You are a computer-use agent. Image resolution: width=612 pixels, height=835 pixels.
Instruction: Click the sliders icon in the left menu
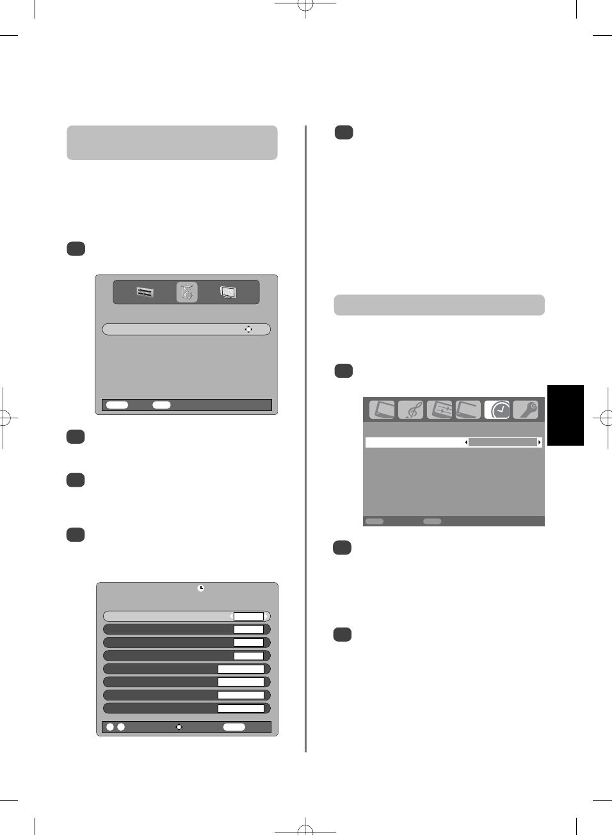[x=145, y=293]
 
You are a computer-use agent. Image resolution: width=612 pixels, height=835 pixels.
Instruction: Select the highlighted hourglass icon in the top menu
[x=187, y=293]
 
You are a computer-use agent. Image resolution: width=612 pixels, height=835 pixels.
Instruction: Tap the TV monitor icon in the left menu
[x=228, y=293]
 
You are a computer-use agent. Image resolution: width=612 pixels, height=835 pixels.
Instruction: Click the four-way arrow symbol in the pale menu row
[x=248, y=329]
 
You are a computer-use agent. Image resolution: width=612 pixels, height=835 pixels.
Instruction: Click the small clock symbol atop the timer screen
[x=201, y=588]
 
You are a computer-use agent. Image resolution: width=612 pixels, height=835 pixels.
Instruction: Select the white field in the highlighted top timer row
[x=248, y=616]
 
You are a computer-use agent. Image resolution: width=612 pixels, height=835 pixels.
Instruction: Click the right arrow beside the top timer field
[x=267, y=616]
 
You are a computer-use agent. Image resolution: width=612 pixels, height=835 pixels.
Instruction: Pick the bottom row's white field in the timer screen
[x=241, y=708]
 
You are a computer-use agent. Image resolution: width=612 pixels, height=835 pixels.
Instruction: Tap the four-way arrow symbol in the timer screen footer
[x=179, y=727]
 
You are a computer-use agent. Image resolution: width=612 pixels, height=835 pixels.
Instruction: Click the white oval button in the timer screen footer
[x=234, y=727]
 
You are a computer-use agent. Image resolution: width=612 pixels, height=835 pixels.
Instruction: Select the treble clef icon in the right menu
[x=411, y=410]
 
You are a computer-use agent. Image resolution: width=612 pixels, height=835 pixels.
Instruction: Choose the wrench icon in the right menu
[x=526, y=410]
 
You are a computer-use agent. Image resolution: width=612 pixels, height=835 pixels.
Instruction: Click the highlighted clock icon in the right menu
[x=497, y=410]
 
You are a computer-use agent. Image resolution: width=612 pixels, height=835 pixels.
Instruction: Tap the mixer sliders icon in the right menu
[x=440, y=410]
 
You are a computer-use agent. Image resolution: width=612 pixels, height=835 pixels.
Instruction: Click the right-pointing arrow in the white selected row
[x=540, y=442]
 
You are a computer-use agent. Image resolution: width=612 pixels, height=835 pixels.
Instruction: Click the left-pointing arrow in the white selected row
[x=466, y=442]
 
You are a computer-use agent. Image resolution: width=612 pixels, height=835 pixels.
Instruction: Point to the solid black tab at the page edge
[x=565, y=415]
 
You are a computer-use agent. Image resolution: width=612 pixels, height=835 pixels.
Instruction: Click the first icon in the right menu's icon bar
[x=382, y=410]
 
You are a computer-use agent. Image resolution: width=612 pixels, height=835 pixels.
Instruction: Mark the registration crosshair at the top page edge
[x=305, y=6]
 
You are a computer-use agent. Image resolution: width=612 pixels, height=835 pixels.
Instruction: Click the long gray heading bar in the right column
[x=439, y=305]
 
